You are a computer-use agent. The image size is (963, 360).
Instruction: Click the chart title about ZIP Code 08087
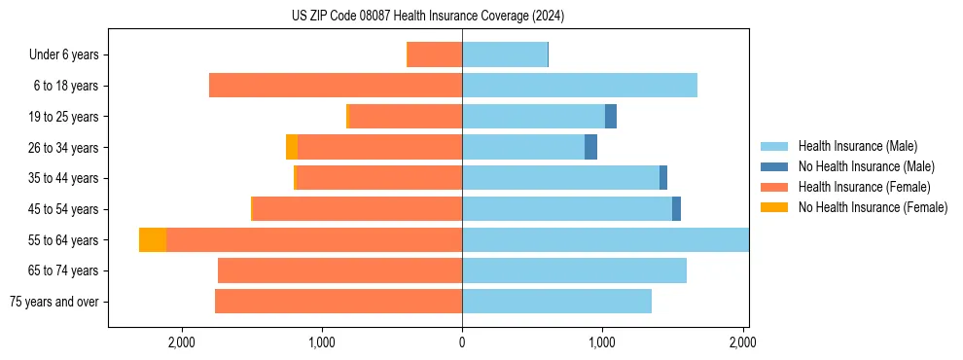coord(428,16)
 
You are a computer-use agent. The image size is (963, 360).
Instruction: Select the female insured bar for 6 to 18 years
coord(336,86)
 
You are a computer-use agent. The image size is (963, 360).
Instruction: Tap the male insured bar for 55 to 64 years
coord(605,240)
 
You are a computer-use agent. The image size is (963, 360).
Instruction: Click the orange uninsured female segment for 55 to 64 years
coord(153,240)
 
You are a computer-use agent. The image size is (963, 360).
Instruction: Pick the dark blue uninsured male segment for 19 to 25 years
coord(611,117)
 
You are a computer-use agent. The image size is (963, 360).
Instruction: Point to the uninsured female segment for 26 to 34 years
coord(292,147)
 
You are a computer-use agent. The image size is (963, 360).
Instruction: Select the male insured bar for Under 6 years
coord(504,54)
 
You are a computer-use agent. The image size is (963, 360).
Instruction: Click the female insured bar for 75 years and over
coord(339,302)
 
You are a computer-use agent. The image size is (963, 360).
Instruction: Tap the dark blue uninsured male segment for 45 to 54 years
coord(676,209)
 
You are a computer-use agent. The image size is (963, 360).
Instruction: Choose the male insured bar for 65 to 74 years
coord(574,270)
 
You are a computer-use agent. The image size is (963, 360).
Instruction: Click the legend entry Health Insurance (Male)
coord(857,146)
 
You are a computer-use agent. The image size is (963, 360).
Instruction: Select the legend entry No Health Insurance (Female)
coord(873,207)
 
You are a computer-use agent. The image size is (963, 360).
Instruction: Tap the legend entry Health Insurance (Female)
coord(864,187)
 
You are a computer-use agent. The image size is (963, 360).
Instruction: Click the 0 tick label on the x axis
coord(462,342)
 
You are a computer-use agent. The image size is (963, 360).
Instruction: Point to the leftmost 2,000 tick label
coord(182,342)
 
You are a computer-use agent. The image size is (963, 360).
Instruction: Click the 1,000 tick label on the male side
coord(602,342)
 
